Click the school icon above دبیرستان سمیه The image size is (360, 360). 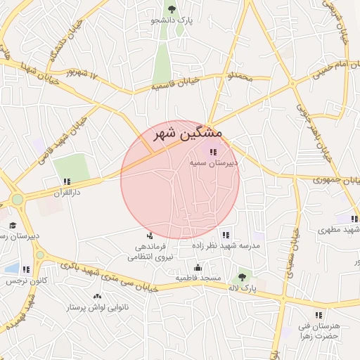pyautogui.click(x=213, y=152)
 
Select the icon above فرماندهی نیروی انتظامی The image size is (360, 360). pyautogui.click(x=149, y=236)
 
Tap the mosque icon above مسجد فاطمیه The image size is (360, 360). pyautogui.click(x=198, y=267)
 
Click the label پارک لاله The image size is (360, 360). pyautogui.click(x=244, y=288)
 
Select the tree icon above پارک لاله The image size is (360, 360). pyautogui.click(x=244, y=277)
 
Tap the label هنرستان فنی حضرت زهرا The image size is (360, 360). pyautogui.click(x=319, y=331)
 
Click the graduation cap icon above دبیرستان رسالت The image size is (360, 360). pyautogui.click(x=13, y=226)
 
